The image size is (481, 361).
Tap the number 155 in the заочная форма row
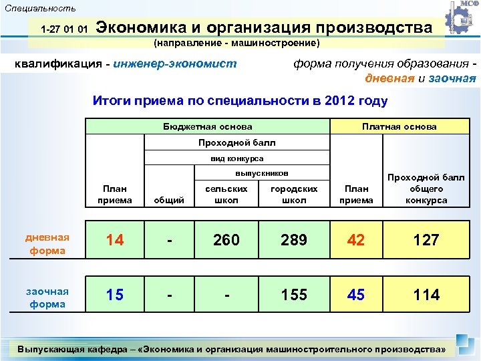[x=293, y=295]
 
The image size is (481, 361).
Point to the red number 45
[x=356, y=295]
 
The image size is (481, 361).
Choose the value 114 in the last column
[x=426, y=295]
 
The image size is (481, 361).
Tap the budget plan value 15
[x=115, y=295]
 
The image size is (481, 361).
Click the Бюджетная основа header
[x=208, y=126]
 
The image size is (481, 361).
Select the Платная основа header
[x=399, y=126]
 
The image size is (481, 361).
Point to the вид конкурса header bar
[x=236, y=158]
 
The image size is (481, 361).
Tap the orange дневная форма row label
[x=47, y=244]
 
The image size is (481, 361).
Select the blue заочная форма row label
[x=47, y=297]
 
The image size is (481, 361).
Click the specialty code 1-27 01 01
[x=64, y=30]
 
